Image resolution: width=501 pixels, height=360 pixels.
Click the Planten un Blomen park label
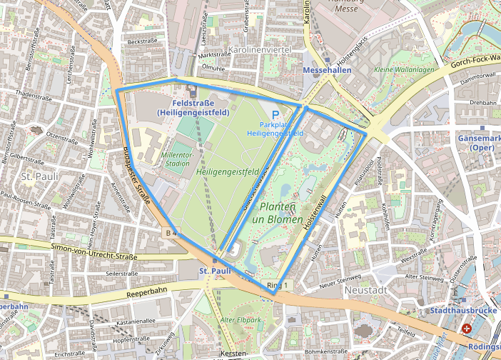(283, 213)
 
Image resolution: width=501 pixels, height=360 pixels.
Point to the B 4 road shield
(171, 233)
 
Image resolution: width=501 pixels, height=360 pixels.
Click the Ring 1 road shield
(278, 286)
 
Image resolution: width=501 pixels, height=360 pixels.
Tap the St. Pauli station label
(216, 271)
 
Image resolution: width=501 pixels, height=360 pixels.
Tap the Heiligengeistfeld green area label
(218, 172)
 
